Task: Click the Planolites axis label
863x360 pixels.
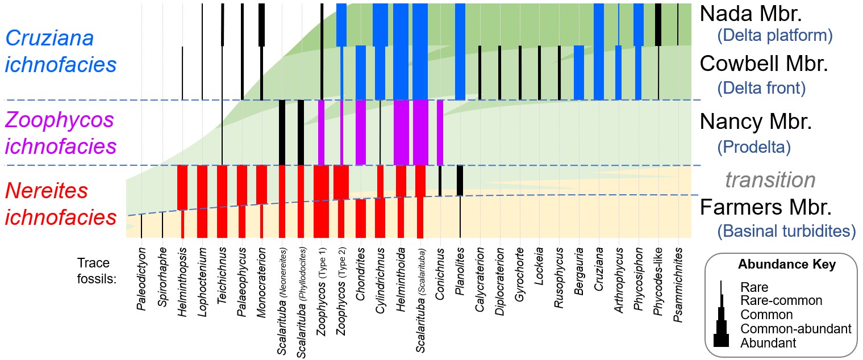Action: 460,272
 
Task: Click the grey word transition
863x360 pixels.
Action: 770,180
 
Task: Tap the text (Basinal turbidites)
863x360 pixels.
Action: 786,231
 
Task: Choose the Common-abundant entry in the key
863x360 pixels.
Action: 795,329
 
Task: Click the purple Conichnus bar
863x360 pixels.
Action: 440,132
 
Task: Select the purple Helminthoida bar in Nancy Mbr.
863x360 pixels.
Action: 401,132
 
